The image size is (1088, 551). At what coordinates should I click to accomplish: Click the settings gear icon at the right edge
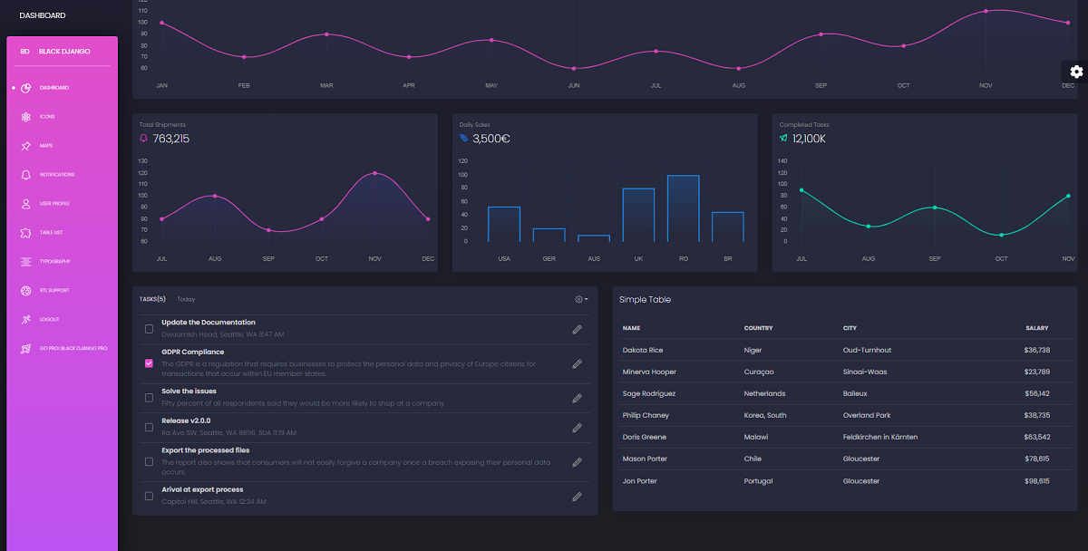pyautogui.click(x=1076, y=72)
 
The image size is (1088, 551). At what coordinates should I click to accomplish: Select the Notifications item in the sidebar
pyautogui.click(x=56, y=175)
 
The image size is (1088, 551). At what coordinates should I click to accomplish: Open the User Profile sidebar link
pyautogui.click(x=54, y=204)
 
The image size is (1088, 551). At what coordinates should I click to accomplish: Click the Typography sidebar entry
pyautogui.click(x=54, y=262)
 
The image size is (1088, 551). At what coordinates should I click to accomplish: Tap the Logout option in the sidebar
pyautogui.click(x=49, y=320)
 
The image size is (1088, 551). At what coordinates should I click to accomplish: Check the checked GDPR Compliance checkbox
pyautogui.click(x=149, y=363)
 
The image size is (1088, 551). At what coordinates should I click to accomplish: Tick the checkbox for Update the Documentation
pyautogui.click(x=149, y=329)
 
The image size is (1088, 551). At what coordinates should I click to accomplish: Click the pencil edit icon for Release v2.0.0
pyautogui.click(x=577, y=428)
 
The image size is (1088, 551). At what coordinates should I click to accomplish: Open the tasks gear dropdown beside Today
pyautogui.click(x=581, y=299)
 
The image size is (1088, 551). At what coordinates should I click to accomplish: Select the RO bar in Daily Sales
pyautogui.click(x=683, y=208)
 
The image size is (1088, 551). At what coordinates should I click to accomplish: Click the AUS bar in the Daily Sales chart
pyautogui.click(x=594, y=238)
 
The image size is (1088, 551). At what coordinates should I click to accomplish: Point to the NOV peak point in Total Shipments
pyautogui.click(x=374, y=173)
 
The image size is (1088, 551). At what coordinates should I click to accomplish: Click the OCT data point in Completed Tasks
pyautogui.click(x=1001, y=236)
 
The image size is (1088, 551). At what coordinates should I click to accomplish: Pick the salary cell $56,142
pyautogui.click(x=1036, y=394)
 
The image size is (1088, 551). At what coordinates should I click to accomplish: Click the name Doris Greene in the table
pyautogui.click(x=644, y=438)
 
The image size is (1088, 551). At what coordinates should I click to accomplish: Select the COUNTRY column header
pyautogui.click(x=758, y=328)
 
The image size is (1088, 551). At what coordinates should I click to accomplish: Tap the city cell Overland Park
pyautogui.click(x=866, y=416)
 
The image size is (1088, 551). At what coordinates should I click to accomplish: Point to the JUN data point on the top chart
pyautogui.click(x=573, y=69)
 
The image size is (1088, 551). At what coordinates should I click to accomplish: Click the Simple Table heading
pyautogui.click(x=645, y=300)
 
